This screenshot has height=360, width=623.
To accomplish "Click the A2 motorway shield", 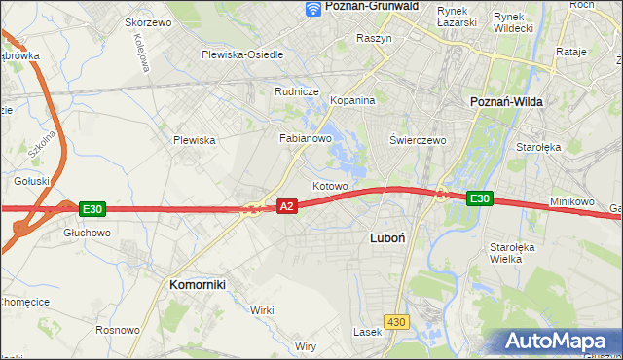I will coord(286,206).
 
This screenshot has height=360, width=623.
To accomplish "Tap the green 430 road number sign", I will coord(394,321).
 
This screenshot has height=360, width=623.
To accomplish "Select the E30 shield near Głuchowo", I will coord(92,208).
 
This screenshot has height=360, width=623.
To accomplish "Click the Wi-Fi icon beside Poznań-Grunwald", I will coord(312,8).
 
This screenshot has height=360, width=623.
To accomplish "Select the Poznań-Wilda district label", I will coord(506,101).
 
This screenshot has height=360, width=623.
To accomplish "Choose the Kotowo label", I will coord(330,185).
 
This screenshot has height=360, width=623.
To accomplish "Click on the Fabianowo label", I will coord(307,138).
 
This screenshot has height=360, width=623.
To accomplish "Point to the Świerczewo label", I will coord(418,140).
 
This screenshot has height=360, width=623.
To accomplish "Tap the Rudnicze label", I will coord(298,92).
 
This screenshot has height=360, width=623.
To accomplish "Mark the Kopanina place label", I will coord(352,100).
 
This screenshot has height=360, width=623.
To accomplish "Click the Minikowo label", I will coord(572,201).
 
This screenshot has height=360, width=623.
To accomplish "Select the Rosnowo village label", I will coord(117,330).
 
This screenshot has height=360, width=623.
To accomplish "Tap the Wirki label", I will coord(262,309).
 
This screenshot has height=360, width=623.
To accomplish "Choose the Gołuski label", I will coord(32,180).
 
